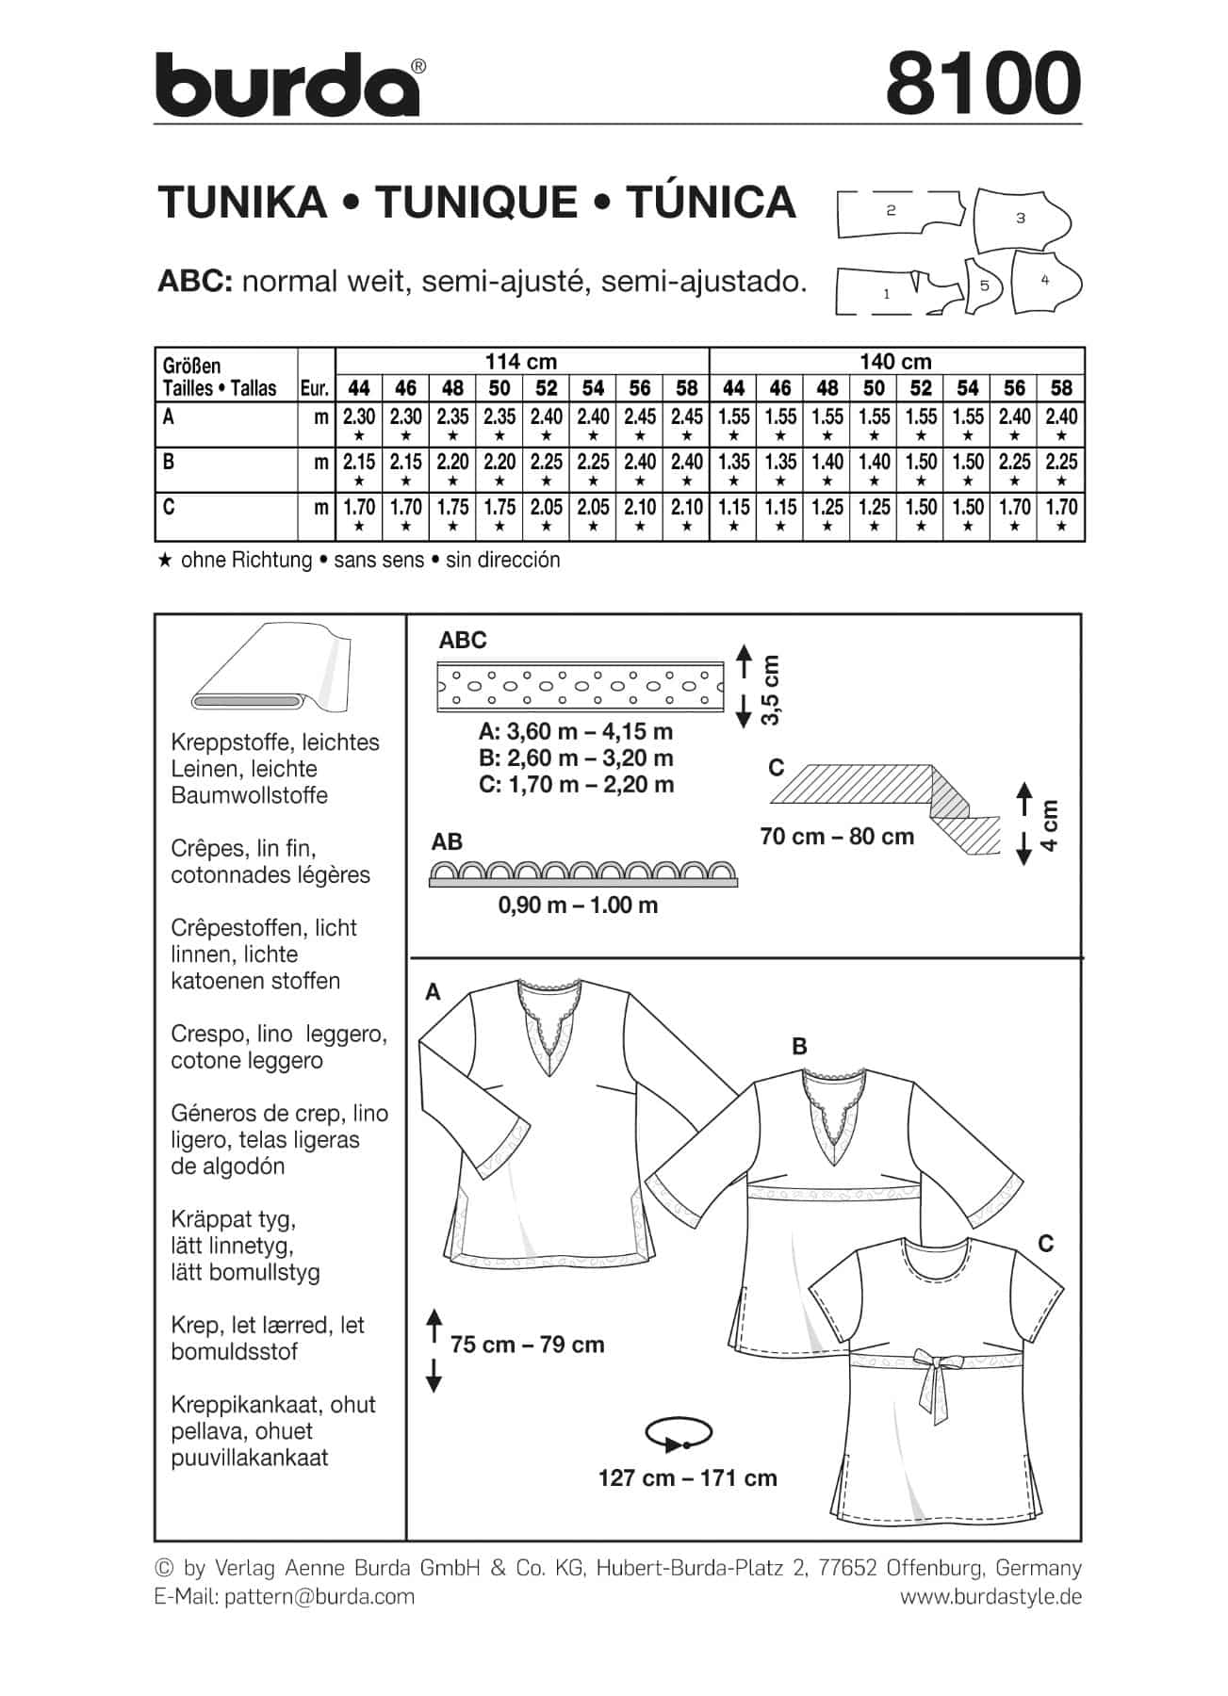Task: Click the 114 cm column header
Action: point(521,362)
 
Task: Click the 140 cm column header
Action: point(895,362)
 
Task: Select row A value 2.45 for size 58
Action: point(686,416)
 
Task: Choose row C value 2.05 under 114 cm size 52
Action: point(546,507)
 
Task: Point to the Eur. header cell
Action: point(315,387)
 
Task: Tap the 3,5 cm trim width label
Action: point(771,690)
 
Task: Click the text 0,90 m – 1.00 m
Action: point(578,905)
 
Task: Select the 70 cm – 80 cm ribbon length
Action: point(836,837)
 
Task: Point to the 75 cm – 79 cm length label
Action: point(527,1345)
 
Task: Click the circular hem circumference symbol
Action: point(677,1435)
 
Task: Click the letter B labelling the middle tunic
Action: point(799,1046)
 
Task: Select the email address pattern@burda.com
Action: point(319,1596)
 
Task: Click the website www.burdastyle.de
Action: point(991,1596)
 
